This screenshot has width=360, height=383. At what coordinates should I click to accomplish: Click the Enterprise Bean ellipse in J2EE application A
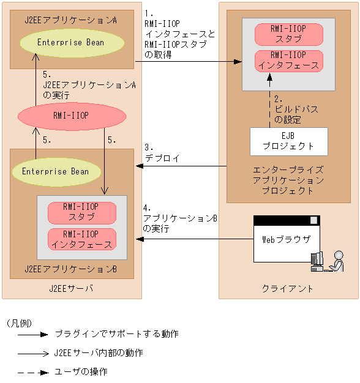(70, 42)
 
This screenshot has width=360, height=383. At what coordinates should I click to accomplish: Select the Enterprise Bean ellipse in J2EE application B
(55, 171)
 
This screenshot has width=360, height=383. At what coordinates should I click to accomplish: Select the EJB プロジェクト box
(288, 141)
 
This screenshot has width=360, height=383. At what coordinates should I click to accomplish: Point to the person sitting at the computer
(334, 261)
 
